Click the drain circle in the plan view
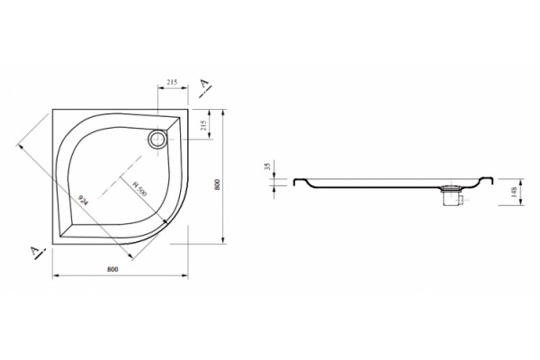click(157, 139)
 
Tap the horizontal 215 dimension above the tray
click(172, 82)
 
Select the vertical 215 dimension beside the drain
click(203, 125)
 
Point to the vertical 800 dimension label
click(217, 184)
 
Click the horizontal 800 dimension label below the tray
click(112, 269)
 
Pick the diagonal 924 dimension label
click(83, 200)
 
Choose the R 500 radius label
click(139, 189)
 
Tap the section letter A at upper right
click(205, 83)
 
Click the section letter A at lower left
click(35, 251)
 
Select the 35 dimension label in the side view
click(268, 166)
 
